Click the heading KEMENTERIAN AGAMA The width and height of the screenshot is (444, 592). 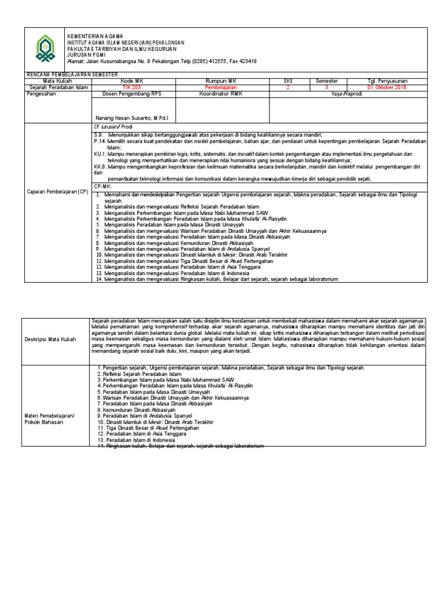pyautogui.click(x=95, y=36)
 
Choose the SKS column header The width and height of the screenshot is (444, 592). pyautogui.click(x=288, y=82)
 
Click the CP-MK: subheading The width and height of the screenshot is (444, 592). pyautogui.click(x=104, y=187)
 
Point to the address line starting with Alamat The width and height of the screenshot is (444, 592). pyautogui.click(x=162, y=61)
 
